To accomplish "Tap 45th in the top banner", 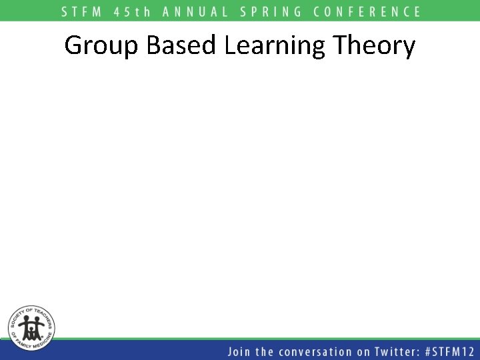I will point(132,11).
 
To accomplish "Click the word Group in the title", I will point(101,46).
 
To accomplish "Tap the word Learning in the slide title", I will point(275,46).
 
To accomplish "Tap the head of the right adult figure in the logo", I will point(38,319).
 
